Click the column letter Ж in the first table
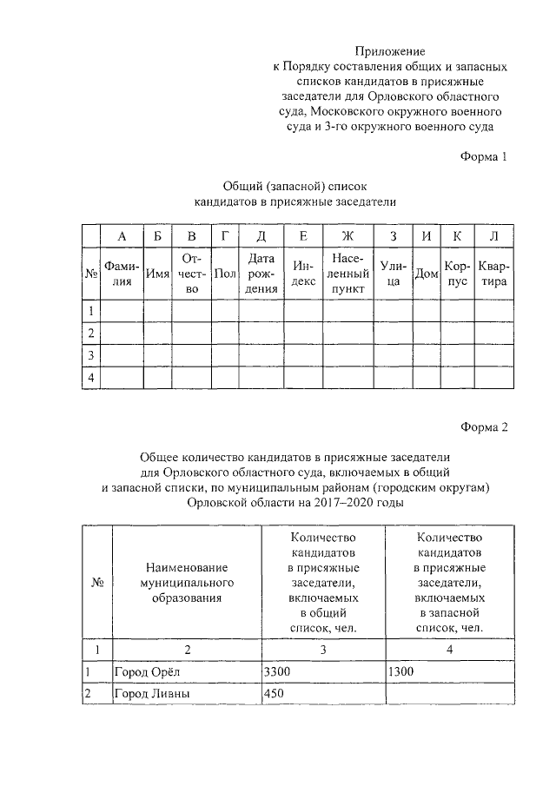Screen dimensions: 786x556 [x=347, y=236]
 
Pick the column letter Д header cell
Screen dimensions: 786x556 [x=261, y=236]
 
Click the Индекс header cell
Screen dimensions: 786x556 [x=302, y=274]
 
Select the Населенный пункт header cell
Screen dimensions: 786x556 [x=347, y=274]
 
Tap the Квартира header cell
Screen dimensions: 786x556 [x=493, y=274]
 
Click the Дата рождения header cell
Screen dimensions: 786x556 [x=261, y=274]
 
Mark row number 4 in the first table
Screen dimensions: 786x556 [x=89, y=378]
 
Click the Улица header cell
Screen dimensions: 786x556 [x=393, y=274]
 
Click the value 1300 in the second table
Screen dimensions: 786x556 [x=401, y=671]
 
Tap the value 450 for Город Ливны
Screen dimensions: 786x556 [x=274, y=694]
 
